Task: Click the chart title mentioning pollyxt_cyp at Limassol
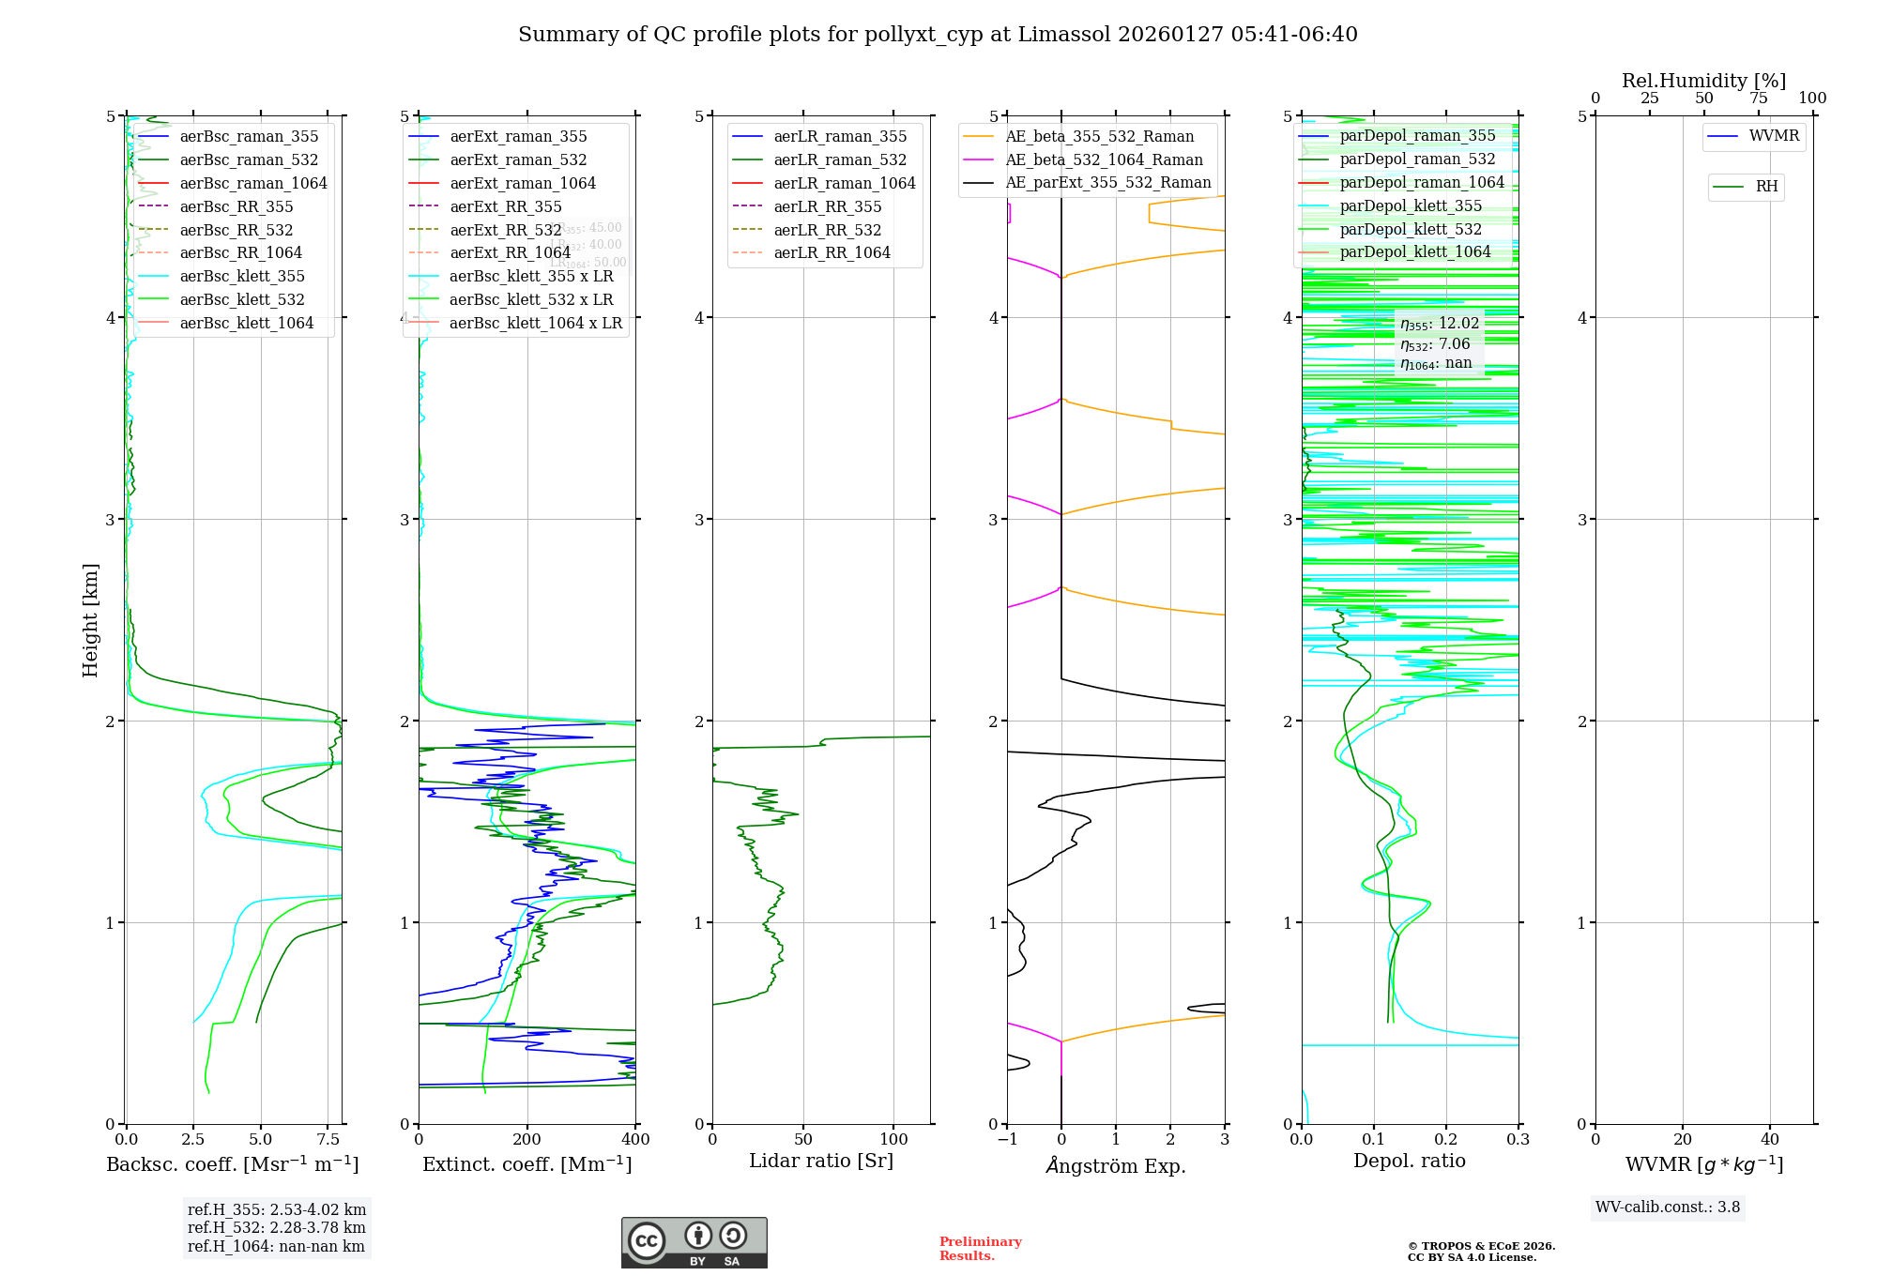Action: pyautogui.click(x=938, y=35)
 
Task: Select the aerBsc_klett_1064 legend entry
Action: pyautogui.click(x=246, y=323)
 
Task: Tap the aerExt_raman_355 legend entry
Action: pyautogui.click(x=518, y=136)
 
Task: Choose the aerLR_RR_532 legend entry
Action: pyautogui.click(x=827, y=230)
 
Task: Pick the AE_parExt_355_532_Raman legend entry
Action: pyautogui.click(x=1107, y=182)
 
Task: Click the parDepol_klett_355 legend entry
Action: pyautogui.click(x=1411, y=205)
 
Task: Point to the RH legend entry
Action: pyautogui.click(x=1766, y=187)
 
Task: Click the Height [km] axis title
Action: pyautogui.click(x=90, y=620)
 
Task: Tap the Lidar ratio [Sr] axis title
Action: pyautogui.click(x=821, y=1161)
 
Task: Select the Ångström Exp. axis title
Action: pyautogui.click(x=1115, y=1165)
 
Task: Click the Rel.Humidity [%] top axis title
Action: pyautogui.click(x=1703, y=81)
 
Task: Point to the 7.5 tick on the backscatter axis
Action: pyautogui.click(x=328, y=1140)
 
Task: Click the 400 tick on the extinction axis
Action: pyautogui.click(x=635, y=1140)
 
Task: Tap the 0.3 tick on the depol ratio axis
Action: pyautogui.click(x=1518, y=1140)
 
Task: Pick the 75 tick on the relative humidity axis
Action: pyautogui.click(x=1758, y=99)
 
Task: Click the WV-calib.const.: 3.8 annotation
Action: pyautogui.click(x=1668, y=1208)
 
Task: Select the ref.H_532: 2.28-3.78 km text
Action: pyautogui.click(x=276, y=1227)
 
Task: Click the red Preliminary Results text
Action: pyautogui.click(x=980, y=1249)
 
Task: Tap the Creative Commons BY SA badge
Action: pyautogui.click(x=694, y=1243)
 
